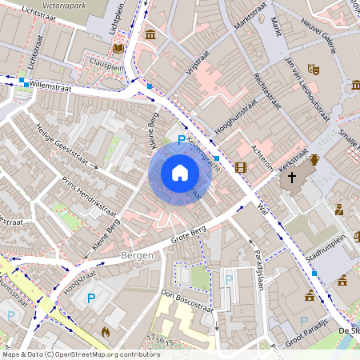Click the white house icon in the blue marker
tap(179, 173)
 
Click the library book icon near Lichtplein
tap(118, 48)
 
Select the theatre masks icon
tap(314, 70)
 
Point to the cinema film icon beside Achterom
tap(241, 167)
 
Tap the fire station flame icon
tap(105, 330)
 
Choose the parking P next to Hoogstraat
tap(90, 298)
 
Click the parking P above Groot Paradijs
tap(303, 322)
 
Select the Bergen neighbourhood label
tap(136, 255)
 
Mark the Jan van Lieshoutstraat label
tap(307, 94)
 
